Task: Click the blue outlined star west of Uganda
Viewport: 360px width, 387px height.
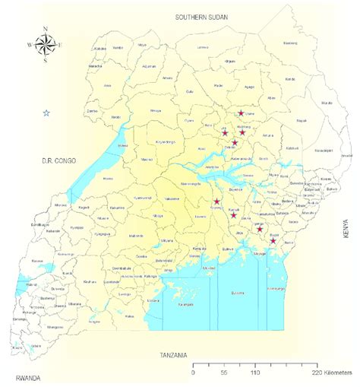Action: pyautogui.click(x=46, y=113)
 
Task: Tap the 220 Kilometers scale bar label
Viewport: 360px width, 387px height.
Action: pyautogui.click(x=331, y=373)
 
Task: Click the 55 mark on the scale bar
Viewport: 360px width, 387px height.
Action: pyautogui.click(x=225, y=373)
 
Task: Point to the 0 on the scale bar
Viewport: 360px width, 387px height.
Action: pyautogui.click(x=194, y=373)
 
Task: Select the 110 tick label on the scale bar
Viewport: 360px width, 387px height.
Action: pyautogui.click(x=256, y=373)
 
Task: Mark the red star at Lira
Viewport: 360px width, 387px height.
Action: pyautogui.click(x=225, y=132)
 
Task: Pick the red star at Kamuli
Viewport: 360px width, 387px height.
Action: pyautogui.click(x=233, y=215)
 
